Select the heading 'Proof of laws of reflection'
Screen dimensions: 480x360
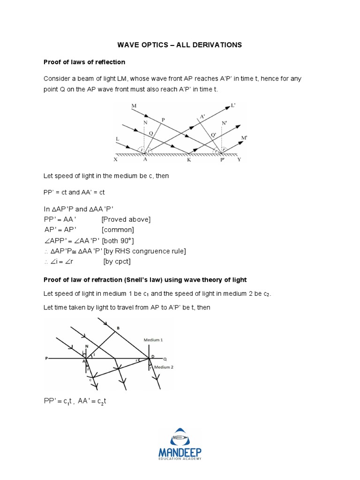coord(84,62)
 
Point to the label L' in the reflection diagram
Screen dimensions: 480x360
coord(233,106)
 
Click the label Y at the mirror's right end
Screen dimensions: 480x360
coord(239,159)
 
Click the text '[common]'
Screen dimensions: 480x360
coord(118,230)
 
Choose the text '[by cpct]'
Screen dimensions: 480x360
coord(117,262)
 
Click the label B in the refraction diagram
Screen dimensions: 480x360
coord(118,328)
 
